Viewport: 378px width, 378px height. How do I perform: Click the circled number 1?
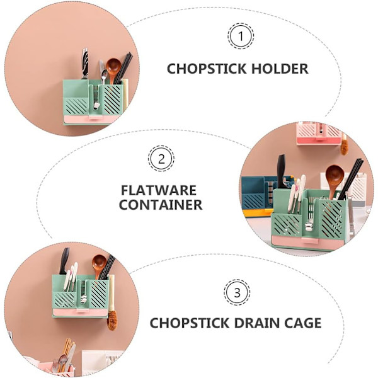point(241,36)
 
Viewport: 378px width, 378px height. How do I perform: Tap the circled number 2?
point(161,159)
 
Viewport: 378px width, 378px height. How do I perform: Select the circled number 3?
point(237,292)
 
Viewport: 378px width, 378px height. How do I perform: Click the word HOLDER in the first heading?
point(280,69)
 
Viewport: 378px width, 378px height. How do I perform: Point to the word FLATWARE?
point(159,190)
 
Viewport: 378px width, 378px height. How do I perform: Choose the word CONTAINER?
point(161,205)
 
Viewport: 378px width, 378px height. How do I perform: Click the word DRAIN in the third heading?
point(256,323)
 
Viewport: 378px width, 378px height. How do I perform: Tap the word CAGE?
point(302,323)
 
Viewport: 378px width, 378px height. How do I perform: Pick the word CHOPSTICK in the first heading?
point(207,69)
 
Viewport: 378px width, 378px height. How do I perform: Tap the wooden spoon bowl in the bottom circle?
point(100,263)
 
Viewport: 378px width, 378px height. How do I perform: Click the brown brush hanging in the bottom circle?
point(112,320)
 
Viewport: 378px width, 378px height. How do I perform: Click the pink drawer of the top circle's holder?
point(89,119)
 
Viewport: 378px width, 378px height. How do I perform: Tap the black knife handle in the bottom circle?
point(64,260)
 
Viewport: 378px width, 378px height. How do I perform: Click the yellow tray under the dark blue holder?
point(258,213)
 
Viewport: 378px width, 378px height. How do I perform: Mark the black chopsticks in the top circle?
point(123,68)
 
